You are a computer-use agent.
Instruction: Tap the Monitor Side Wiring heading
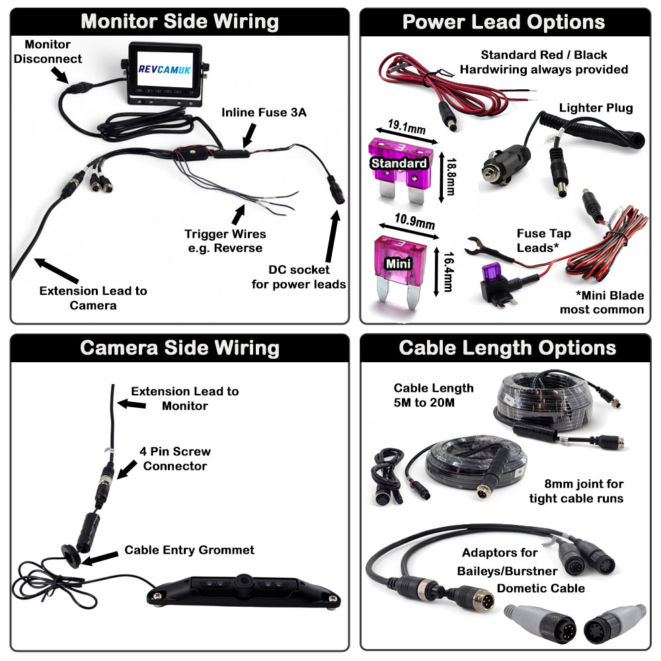[x=179, y=21]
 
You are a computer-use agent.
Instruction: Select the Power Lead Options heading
[x=504, y=21]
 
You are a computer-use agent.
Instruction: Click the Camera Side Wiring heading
[x=179, y=348]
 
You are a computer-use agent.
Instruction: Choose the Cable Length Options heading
[x=504, y=348]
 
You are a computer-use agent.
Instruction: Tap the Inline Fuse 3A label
[x=264, y=112]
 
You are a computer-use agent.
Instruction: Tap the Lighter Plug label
[x=596, y=108]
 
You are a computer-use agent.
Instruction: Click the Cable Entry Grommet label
[x=190, y=549]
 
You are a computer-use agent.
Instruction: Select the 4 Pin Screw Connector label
[x=176, y=459]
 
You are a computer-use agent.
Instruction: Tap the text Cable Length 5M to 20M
[x=434, y=395]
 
